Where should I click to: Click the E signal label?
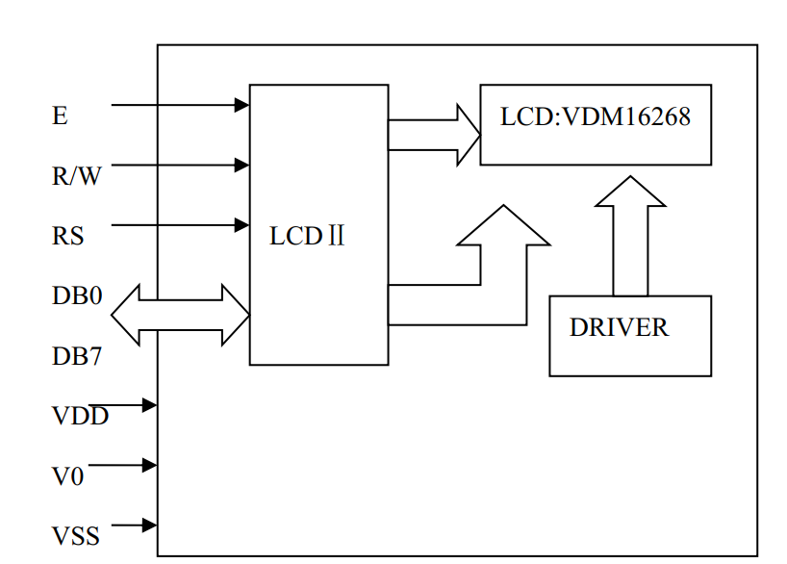60,116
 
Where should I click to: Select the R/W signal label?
76,176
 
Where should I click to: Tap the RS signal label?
67,236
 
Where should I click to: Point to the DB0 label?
77,295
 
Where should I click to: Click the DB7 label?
77,356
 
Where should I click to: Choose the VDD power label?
80,416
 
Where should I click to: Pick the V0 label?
67,476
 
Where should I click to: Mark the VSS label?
76,536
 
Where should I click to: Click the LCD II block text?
307,237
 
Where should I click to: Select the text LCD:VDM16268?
596,118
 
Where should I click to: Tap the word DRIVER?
619,327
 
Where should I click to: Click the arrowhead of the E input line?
241,105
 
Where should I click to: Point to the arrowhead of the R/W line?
241,166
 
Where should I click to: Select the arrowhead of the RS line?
241,225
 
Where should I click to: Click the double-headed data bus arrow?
181,315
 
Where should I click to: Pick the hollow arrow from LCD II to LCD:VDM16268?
433,135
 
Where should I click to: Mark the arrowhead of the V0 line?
149,466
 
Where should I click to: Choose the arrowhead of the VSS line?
149,526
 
